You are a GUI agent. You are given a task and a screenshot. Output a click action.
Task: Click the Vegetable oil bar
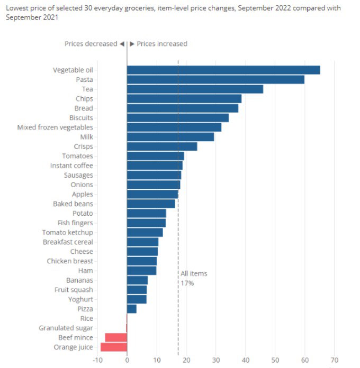223,70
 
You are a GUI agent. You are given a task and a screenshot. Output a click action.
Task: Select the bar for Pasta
215,79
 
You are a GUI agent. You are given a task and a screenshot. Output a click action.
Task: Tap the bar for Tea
195,89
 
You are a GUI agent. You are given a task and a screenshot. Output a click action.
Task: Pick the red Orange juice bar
114,347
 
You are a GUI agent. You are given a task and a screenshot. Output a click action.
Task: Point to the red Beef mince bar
116,337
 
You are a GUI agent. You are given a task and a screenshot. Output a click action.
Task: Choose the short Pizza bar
132,309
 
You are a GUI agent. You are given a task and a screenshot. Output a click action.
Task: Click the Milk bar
170,137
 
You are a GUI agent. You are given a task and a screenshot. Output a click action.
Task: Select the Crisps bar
161,146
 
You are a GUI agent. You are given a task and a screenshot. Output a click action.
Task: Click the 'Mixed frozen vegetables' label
55,127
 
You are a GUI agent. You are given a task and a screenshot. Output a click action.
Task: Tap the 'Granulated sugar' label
66,328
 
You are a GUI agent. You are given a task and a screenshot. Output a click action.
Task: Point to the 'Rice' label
86,318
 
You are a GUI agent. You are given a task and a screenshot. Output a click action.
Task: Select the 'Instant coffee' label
71,165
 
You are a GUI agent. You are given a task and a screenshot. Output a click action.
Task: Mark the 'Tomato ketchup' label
68,233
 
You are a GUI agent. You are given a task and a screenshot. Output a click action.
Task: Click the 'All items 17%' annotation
193,278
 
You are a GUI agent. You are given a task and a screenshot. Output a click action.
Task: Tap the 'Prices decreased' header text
90,44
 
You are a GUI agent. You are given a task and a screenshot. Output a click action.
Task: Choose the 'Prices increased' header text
161,44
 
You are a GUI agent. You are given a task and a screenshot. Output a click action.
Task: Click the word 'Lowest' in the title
17,8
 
